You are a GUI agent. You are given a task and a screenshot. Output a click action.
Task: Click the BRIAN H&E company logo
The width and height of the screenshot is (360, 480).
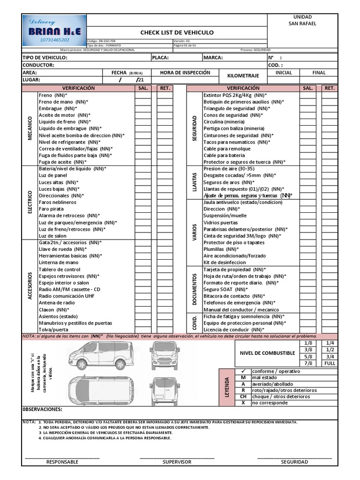point(54,31)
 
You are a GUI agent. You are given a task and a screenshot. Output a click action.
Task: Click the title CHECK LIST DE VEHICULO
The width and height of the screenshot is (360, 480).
point(177,32)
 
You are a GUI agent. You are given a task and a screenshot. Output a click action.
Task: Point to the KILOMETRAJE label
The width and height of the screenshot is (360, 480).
point(243,75)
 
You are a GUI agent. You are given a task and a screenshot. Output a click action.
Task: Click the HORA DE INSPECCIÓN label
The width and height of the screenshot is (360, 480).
point(185,73)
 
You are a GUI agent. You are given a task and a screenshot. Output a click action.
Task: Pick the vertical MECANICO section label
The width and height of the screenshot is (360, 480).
point(30,128)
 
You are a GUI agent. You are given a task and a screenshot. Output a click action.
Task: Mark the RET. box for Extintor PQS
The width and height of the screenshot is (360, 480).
point(329,95)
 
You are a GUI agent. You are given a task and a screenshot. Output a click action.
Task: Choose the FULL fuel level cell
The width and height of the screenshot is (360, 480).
point(330,363)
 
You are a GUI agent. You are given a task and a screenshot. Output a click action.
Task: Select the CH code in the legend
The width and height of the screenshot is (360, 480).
point(243,397)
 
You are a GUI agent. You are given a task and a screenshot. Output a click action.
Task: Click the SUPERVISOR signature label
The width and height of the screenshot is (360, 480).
point(177,462)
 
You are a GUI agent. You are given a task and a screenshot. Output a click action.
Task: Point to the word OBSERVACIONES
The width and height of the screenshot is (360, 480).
point(43,409)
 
